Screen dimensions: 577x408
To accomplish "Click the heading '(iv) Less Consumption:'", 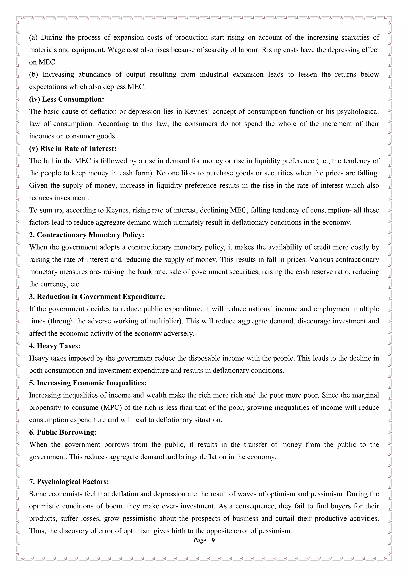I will pos(67,99).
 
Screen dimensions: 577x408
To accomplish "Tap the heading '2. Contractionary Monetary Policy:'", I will pos(87,235).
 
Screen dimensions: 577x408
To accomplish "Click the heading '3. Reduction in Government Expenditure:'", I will pos(97,297).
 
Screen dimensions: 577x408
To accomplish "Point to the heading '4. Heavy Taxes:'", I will pos(55,346).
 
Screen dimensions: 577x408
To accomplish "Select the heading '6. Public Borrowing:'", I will pos(63,432).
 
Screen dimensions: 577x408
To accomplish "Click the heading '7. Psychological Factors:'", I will pos(69,482).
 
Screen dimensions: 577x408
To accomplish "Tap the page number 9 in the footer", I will pos(213,540).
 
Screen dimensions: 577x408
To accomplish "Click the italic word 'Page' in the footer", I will pos(200,540).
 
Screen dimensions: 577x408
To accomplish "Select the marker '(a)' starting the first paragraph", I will pos(33,37).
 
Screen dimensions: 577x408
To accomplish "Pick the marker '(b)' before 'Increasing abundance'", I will pos(33,74).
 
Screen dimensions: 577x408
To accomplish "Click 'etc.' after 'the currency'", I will pos(76,284).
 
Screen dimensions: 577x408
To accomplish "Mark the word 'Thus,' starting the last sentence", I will pos(37,531).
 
